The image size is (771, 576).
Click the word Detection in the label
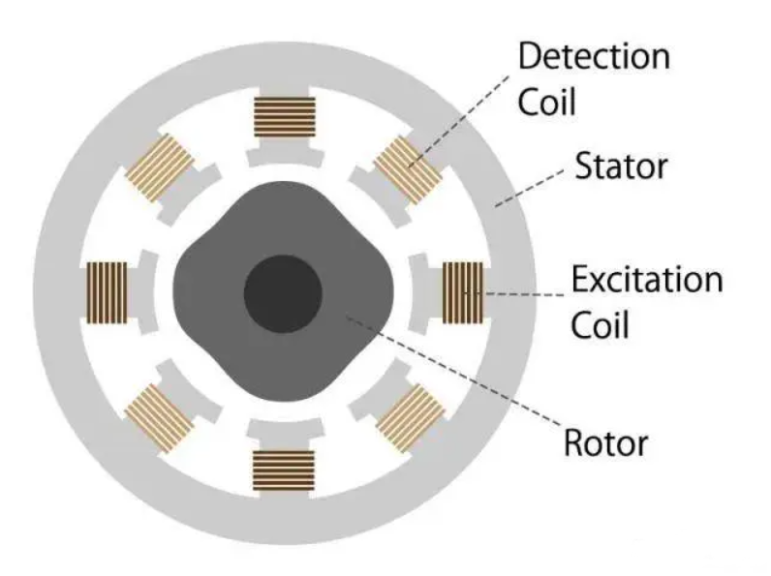(594, 56)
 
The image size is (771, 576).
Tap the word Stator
(622, 167)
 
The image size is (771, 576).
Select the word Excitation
(647, 279)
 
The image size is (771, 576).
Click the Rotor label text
(605, 442)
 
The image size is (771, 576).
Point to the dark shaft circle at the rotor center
(283, 294)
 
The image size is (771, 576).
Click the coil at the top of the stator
(285, 117)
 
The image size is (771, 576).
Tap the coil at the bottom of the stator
(284, 470)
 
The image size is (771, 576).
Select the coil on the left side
(107, 293)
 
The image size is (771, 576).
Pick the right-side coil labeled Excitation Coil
(463, 293)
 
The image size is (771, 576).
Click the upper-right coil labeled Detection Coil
(409, 169)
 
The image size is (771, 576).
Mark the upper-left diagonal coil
(159, 168)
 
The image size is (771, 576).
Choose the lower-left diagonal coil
(159, 418)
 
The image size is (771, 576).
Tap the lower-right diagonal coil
(411, 418)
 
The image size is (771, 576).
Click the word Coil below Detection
(547, 103)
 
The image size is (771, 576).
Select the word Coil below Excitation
(600, 325)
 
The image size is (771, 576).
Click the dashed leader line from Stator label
(530, 187)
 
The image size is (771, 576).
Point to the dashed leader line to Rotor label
(454, 371)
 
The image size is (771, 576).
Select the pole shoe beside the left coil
(147, 293)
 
